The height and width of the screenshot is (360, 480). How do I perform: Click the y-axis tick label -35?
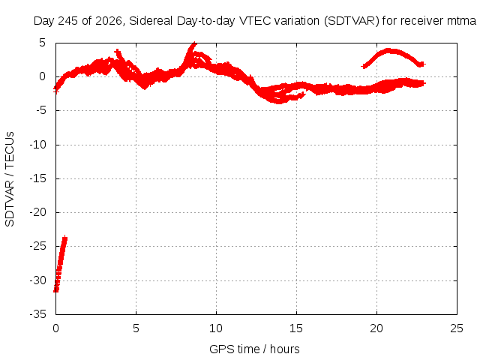pyautogui.click(x=38, y=314)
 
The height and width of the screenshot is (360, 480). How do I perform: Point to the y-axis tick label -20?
pyautogui.click(x=38, y=212)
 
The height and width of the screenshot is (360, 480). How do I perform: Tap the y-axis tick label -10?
pyautogui.click(x=38, y=145)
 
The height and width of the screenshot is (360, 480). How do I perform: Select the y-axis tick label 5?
pyautogui.click(x=42, y=43)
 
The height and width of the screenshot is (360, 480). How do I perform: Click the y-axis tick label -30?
pyautogui.click(x=38, y=280)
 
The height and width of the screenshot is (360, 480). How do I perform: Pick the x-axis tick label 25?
pyautogui.click(x=457, y=328)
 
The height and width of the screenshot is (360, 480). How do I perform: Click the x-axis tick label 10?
pyautogui.click(x=216, y=328)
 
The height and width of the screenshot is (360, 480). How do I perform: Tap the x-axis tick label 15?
pyautogui.click(x=296, y=328)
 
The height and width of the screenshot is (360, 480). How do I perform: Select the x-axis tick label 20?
pyautogui.click(x=376, y=328)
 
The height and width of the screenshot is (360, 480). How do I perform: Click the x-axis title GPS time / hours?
pyautogui.click(x=254, y=349)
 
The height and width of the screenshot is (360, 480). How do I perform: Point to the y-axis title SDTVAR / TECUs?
pyautogui.click(x=10, y=179)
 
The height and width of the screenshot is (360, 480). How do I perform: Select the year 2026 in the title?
pyautogui.click(x=109, y=21)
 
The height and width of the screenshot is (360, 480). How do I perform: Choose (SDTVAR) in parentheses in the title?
pyautogui.click(x=352, y=21)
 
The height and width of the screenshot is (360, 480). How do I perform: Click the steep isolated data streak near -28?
pyautogui.click(x=60, y=264)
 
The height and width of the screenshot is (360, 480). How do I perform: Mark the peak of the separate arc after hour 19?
pyautogui.click(x=388, y=50)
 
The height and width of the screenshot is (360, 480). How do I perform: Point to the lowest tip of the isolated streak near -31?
pyautogui.click(x=55, y=291)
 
